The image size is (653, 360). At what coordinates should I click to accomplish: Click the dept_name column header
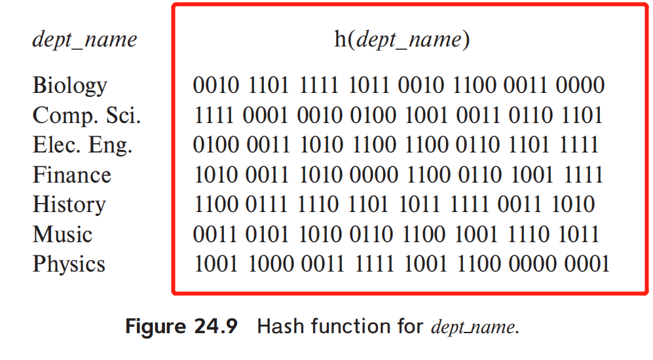84,40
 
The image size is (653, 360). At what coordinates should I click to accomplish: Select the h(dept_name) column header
402,40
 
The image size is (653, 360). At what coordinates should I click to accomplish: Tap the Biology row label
69,86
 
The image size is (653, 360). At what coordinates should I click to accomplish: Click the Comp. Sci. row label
86,116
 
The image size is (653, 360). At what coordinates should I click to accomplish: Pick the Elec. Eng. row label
83,145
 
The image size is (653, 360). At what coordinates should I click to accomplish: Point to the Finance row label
72,175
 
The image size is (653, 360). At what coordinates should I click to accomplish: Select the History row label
69,204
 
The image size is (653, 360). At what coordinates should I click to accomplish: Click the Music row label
62,234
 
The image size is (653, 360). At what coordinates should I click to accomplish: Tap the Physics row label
69,264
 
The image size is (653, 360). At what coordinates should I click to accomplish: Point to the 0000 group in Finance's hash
373,175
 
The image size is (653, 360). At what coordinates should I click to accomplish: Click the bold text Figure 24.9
181,327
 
